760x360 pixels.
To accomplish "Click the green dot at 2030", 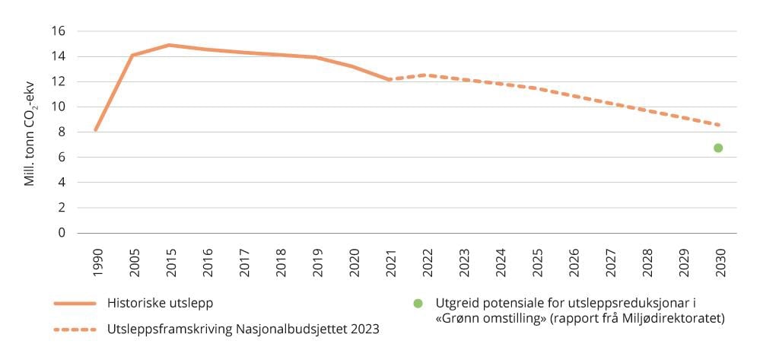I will (x=717, y=148).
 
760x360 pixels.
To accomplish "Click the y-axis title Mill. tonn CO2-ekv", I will (x=30, y=132).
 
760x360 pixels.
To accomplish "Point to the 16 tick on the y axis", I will (x=59, y=31).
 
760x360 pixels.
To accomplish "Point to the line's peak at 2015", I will (x=169, y=45).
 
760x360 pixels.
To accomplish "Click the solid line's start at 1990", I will (x=95, y=130).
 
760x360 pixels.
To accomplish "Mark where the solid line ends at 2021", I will (x=388, y=79).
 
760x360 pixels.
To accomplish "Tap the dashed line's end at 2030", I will (x=717, y=125).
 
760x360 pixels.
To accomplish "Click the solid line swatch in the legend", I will (x=75, y=303).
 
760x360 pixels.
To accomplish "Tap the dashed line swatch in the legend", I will (x=75, y=330).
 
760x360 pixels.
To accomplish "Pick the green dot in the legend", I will (x=418, y=303).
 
